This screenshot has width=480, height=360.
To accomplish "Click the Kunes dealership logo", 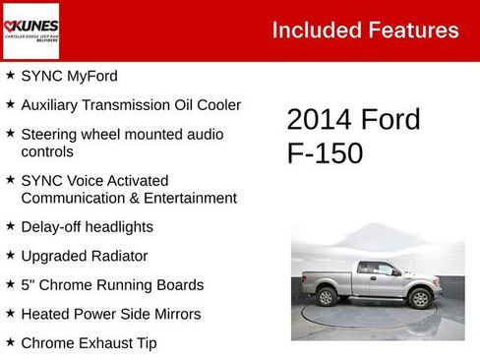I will [31, 30].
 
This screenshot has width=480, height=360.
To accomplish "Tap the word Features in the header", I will [413, 30].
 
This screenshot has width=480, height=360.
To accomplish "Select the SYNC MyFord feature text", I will [69, 76].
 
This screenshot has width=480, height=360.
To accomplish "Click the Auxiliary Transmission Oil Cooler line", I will [131, 104].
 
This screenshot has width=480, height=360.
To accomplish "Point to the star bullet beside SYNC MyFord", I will [10, 75].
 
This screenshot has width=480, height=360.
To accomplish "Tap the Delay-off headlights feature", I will [87, 226].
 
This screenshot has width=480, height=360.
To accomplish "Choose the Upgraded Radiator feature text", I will [84, 256].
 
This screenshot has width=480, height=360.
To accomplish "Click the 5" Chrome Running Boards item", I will [112, 285].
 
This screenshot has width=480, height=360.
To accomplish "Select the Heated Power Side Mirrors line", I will [110, 314].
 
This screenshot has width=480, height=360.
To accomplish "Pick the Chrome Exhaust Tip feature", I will [89, 343].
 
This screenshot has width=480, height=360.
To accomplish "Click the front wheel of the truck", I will [420, 298].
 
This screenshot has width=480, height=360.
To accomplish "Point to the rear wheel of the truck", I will [328, 297].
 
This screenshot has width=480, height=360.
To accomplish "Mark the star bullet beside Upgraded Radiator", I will [10, 255].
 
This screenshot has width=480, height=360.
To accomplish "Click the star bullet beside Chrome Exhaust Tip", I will [10, 342].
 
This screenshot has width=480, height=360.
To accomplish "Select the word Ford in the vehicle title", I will [390, 120].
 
